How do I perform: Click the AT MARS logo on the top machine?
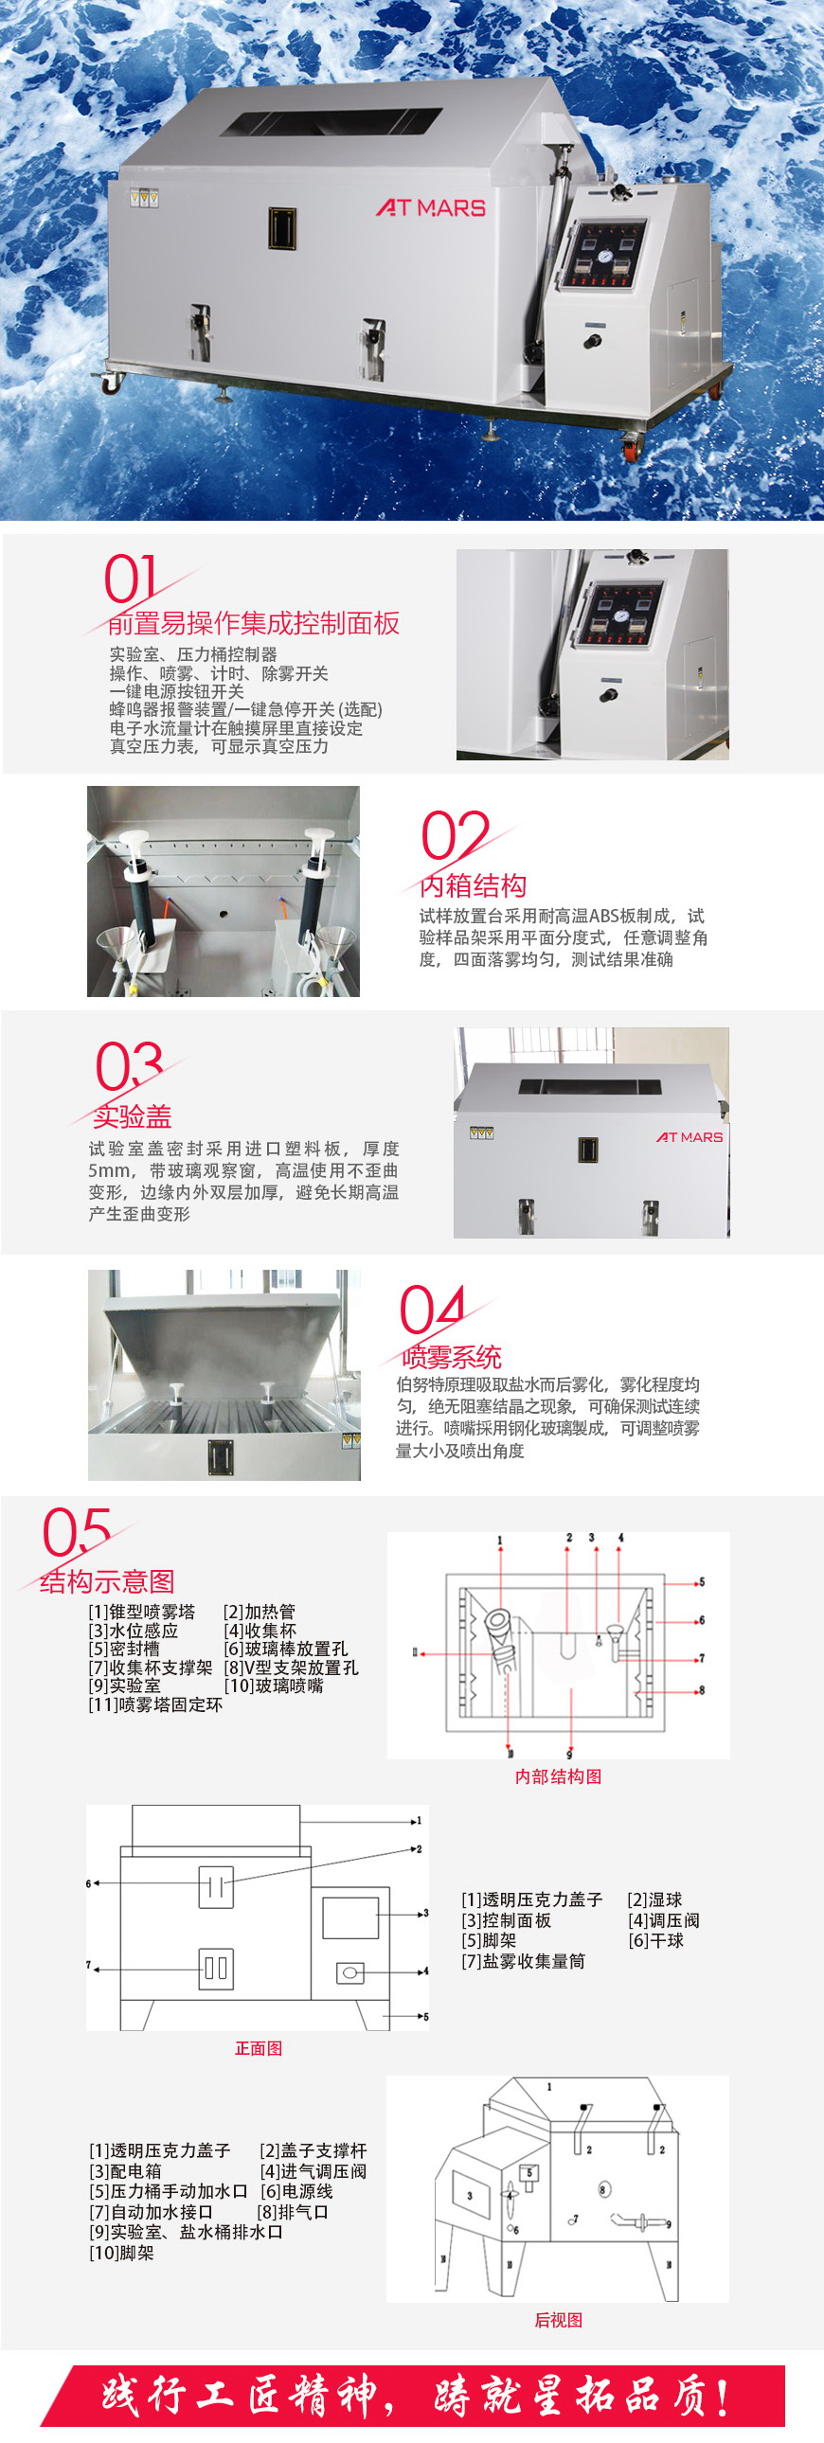[431, 206]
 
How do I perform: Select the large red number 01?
[130, 579]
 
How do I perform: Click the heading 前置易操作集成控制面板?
[253, 623]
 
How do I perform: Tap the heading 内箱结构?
[473, 884]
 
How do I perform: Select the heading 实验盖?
[132, 1115]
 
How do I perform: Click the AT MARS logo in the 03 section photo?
[690, 1136]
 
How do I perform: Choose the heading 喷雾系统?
[452, 1356]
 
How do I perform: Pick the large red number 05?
[76, 1532]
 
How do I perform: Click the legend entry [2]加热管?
[259, 1612]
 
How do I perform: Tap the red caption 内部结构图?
[558, 1776]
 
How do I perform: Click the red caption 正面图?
[258, 2047]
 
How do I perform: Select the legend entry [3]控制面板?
[507, 1919]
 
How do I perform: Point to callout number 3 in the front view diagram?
[426, 1913]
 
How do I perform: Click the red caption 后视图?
[558, 2320]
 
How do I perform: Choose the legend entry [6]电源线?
[296, 2191]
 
